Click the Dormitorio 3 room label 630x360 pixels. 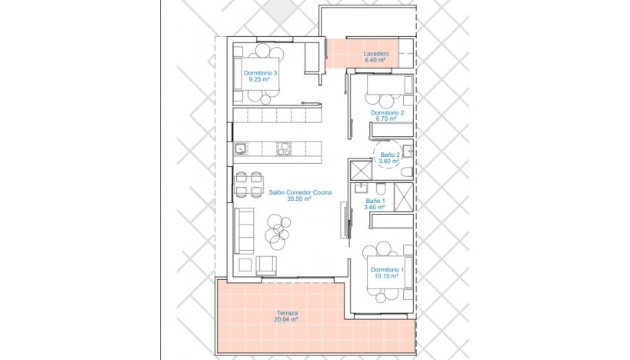click(260, 73)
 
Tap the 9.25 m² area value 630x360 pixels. click(260, 79)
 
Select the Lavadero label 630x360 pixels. click(376, 53)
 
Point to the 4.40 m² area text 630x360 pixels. click(376, 59)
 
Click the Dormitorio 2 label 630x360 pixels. click(387, 112)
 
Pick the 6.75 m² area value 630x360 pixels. click(387, 118)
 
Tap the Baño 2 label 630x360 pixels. click(390, 155)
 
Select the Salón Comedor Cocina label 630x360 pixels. click(299, 192)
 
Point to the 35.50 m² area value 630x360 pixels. click(298, 198)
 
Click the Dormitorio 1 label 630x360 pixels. click(387, 270)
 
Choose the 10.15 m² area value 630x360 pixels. click(387, 276)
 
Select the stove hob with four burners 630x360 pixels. click(284, 148)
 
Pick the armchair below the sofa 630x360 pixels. click(266, 265)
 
